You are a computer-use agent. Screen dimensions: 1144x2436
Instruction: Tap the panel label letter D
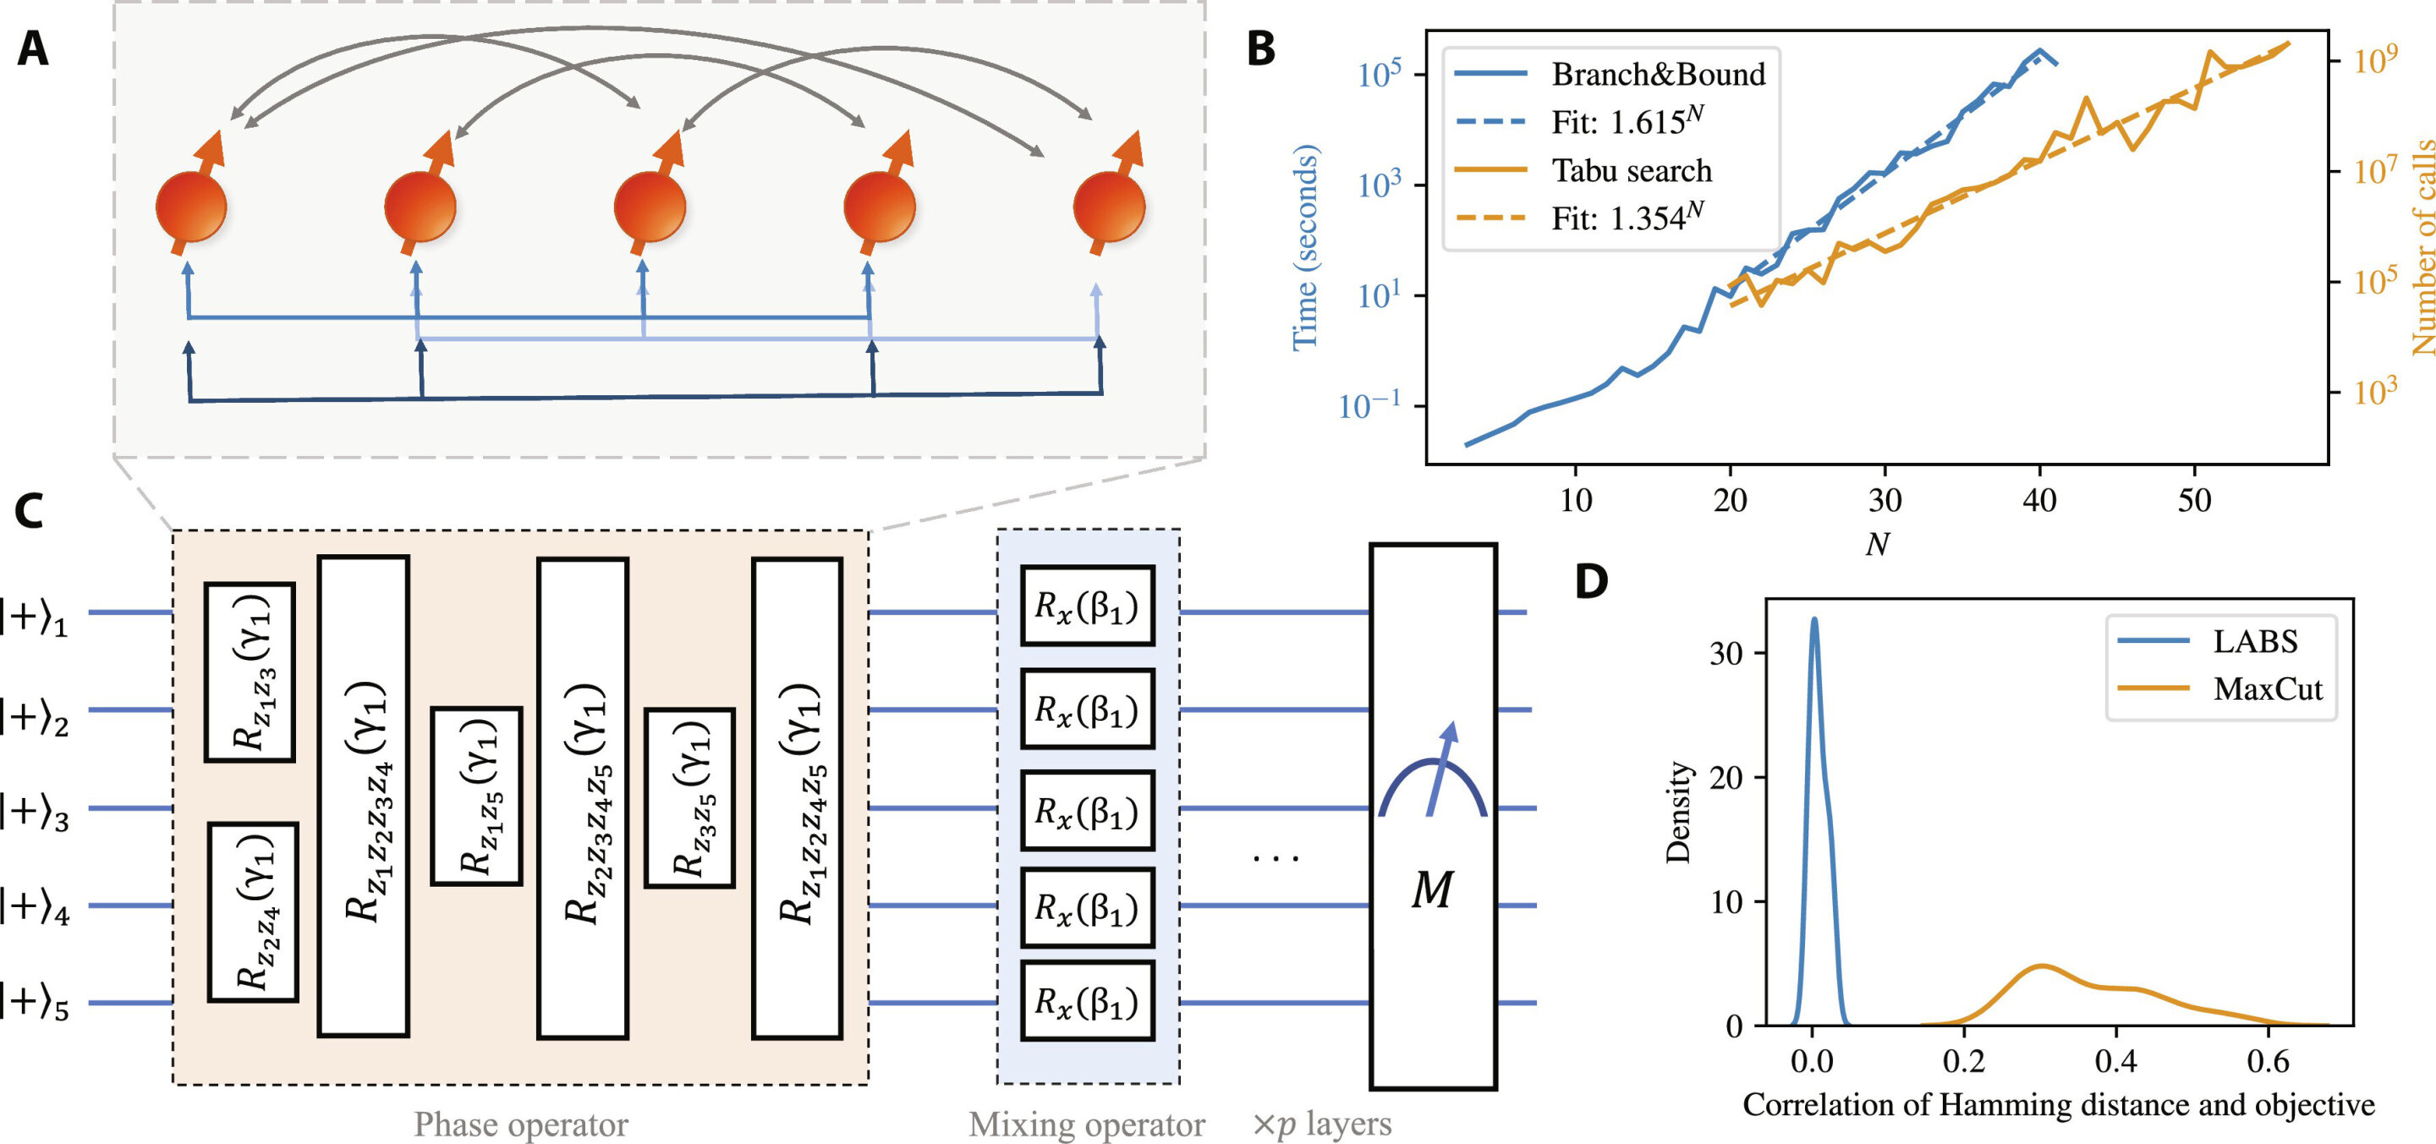pyautogui.click(x=1592, y=581)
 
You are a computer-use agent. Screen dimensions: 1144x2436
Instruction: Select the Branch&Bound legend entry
pyautogui.click(x=1657, y=74)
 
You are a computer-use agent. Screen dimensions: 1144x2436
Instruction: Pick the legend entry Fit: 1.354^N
pyautogui.click(x=1627, y=217)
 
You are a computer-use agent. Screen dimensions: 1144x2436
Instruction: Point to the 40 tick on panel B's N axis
pyautogui.click(x=2040, y=499)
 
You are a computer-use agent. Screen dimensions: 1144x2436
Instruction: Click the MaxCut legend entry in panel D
pyautogui.click(x=2267, y=688)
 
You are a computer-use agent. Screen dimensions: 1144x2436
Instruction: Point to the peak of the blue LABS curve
pyautogui.click(x=1814, y=619)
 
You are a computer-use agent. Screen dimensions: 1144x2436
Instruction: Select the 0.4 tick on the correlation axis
pyautogui.click(x=2115, y=1062)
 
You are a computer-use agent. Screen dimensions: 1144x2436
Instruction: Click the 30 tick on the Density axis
pyautogui.click(x=1726, y=653)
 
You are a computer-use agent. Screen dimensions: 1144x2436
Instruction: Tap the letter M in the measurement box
pyautogui.click(x=1432, y=889)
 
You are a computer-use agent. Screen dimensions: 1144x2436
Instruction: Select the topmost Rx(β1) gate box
pyautogui.click(x=1087, y=606)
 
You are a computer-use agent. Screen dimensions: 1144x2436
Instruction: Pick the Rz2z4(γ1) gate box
pyautogui.click(x=254, y=912)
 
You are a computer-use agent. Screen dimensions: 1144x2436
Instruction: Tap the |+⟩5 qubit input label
pyautogui.click(x=36, y=1003)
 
